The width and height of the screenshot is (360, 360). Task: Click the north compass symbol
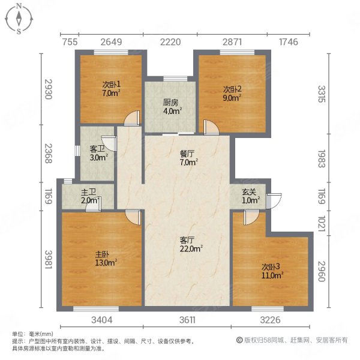[x=19, y=19]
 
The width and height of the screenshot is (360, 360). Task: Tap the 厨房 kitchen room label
[x=170, y=101]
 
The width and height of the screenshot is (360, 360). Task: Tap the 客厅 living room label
[x=188, y=239]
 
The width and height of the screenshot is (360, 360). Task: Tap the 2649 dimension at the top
[x=112, y=41]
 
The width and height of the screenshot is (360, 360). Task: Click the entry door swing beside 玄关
[x=274, y=200]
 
